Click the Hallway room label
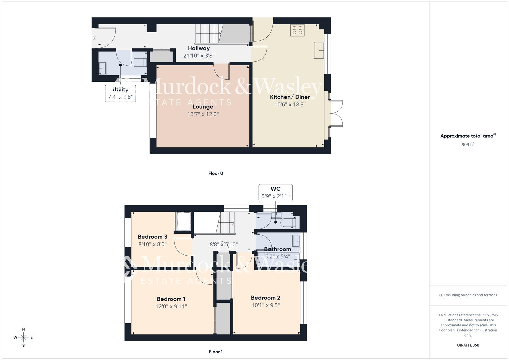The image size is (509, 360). tap(199, 48)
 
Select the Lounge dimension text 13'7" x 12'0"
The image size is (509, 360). tap(203, 114)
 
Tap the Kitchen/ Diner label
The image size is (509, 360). tap(290, 97)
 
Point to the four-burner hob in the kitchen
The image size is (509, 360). tap(297, 30)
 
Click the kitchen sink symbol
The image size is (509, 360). tap(319, 50)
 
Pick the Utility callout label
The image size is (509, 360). tap(120, 90)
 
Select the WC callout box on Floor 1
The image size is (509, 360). tap(275, 193)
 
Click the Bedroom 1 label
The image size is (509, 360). tap(171, 299)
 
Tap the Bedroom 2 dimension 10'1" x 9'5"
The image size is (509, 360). tap(266, 305)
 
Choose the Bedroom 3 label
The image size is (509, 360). tap(152, 237)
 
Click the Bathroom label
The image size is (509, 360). tap(277, 249)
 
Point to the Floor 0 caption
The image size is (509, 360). tap(216, 173)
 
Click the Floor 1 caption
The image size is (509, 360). tap(216, 352)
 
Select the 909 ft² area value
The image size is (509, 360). tap(468, 145)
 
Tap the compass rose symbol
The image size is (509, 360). tap(23, 337)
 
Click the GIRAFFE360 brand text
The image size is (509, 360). tap(468, 345)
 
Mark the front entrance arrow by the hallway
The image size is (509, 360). tap(93, 38)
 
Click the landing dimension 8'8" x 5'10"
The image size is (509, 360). tap(224, 244)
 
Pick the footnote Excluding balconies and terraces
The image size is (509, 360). tap(468, 295)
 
